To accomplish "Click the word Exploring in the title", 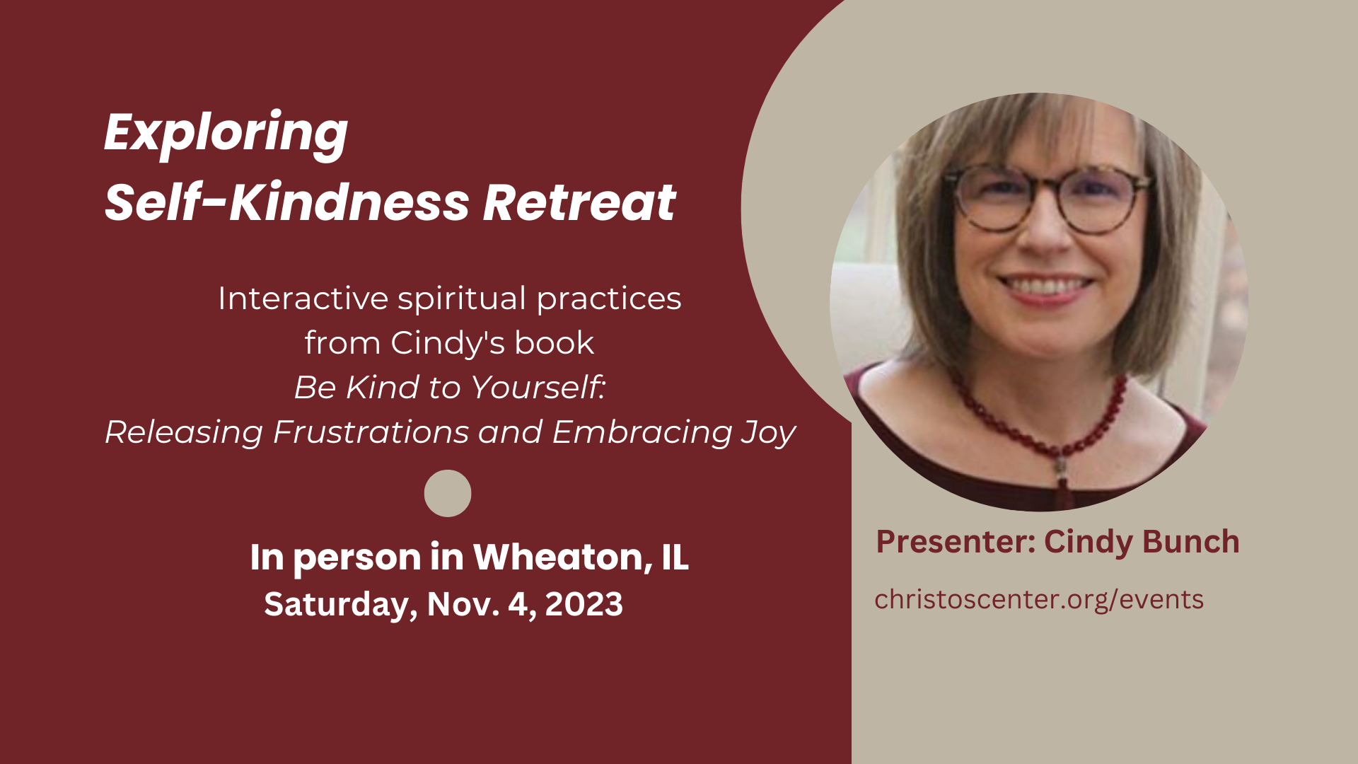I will coord(226,133).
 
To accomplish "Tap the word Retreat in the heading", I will coord(579,203).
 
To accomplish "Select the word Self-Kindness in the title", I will coord(286,203).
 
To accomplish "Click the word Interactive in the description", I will coord(303,299).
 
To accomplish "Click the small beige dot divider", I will coord(448,493).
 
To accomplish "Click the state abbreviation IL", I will coord(675,557).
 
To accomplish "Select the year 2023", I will coord(584,605).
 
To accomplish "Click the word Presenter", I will coord(955,543).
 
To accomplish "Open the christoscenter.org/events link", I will coord(1038,600).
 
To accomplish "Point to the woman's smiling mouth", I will coord(1045,286).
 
